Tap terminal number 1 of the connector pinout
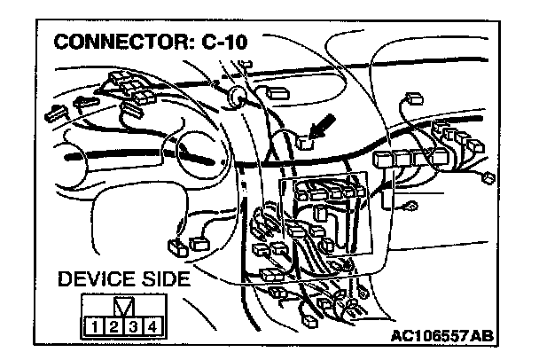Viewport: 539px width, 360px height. tap(93, 326)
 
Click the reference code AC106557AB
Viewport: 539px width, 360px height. tap(441, 336)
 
